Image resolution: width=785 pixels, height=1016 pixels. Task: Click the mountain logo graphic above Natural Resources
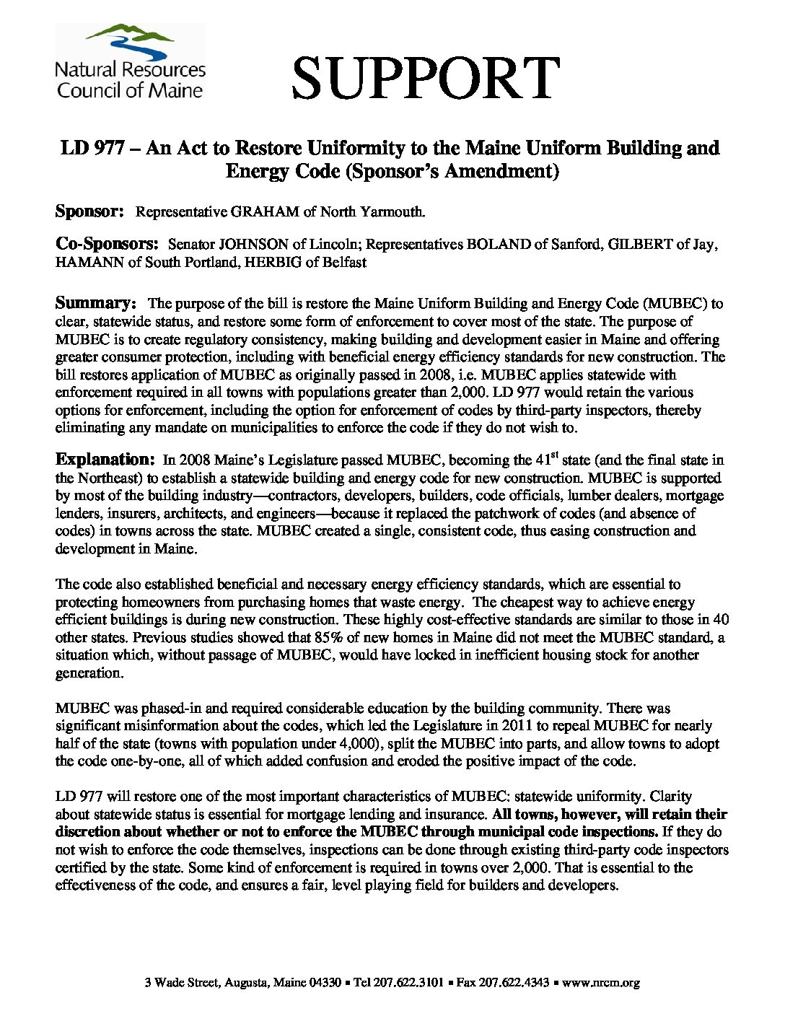[130, 42]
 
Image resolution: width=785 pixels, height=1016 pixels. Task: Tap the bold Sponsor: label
[91, 211]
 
